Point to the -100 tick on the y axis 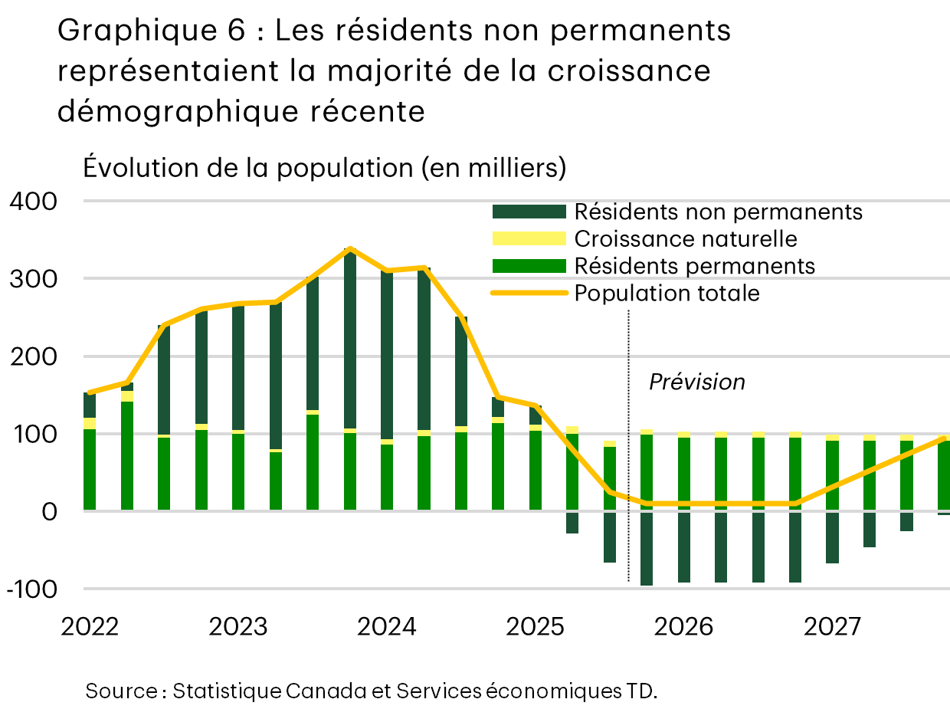[x=32, y=589]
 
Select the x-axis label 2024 [x=387, y=628]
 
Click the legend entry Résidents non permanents [x=718, y=212]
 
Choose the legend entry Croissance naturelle [x=686, y=239]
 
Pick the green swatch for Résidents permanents [x=529, y=266]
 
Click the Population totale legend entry [x=667, y=294]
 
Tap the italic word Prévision [x=696, y=382]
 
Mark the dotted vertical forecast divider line [x=628, y=460]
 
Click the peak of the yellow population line [x=350, y=249]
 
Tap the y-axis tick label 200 [x=32, y=356]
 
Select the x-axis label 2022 [x=90, y=628]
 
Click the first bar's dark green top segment [x=90, y=405]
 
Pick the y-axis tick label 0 [x=47, y=511]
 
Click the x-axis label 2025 [x=536, y=628]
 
